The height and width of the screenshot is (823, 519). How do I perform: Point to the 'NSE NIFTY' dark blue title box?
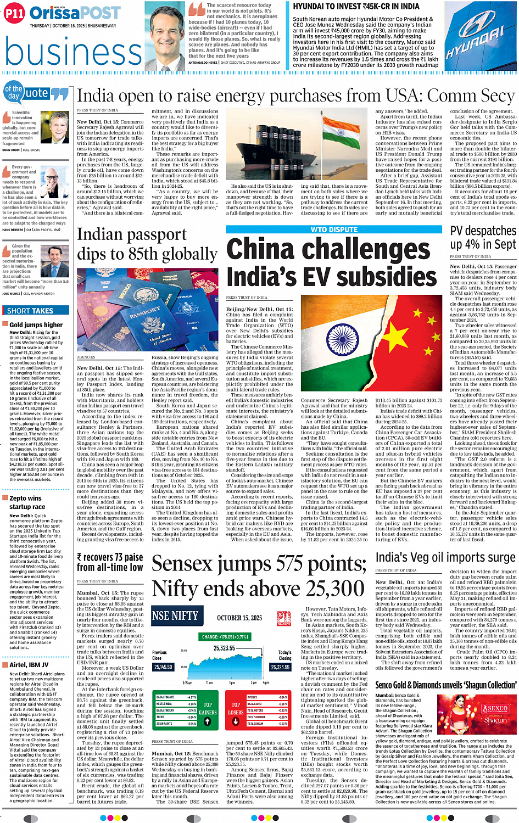[175, 616]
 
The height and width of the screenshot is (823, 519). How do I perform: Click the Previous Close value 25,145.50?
[163, 667]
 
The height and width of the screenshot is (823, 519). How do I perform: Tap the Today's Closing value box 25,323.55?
[280, 667]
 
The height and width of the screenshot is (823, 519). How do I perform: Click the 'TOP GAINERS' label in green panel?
[208, 708]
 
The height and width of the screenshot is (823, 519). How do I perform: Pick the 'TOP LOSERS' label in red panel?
[236, 708]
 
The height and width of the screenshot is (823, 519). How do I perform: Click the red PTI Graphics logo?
[283, 617]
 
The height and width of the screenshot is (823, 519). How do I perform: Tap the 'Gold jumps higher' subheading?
[36, 325]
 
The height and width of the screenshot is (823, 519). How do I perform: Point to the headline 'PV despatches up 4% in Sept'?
[483, 237]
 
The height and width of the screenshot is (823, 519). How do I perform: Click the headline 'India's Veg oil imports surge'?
[445, 557]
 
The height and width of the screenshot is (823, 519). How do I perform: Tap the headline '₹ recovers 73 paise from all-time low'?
[110, 562]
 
